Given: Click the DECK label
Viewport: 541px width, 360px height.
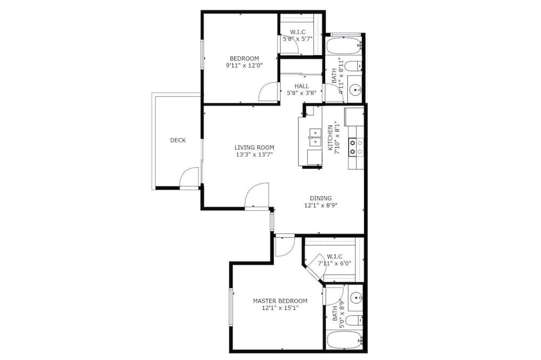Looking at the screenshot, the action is (x=178, y=141).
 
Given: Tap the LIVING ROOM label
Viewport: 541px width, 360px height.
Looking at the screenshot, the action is (x=254, y=148).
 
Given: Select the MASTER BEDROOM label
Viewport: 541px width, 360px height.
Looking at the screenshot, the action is (x=280, y=301).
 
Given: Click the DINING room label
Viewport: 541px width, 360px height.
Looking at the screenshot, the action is (x=321, y=198).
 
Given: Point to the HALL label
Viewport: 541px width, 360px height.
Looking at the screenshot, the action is (x=302, y=86).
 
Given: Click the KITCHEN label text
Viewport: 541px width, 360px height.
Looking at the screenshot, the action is (x=330, y=138).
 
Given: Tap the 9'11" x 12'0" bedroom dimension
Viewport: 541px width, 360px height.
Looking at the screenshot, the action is (x=245, y=65).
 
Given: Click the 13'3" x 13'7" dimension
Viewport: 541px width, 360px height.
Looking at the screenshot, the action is (x=254, y=155).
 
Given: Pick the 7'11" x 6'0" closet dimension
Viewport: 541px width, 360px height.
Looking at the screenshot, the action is (x=334, y=263).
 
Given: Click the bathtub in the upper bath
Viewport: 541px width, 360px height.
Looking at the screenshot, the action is (x=343, y=46).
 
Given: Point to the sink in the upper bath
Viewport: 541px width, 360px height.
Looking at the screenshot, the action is (x=355, y=91).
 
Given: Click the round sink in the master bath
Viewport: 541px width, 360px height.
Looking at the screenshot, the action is (x=355, y=297).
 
